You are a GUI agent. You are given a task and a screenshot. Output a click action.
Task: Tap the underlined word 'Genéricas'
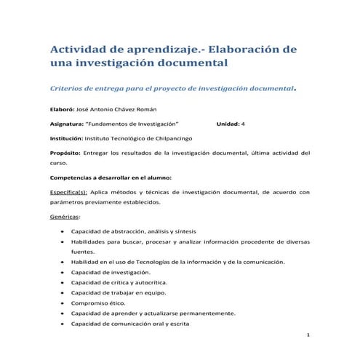pyautogui.click(x=64, y=217)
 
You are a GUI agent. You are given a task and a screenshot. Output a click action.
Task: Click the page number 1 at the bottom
pyautogui.click(x=308, y=335)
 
